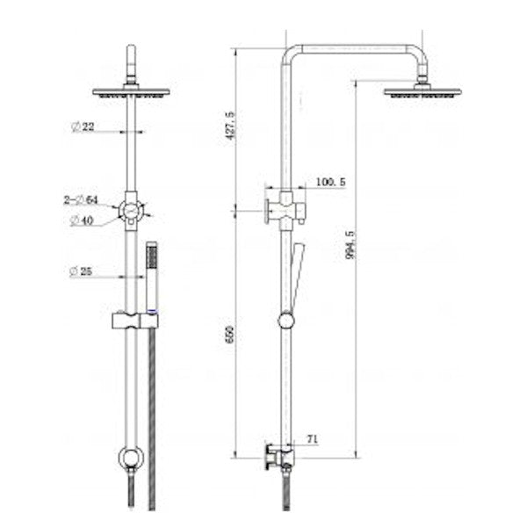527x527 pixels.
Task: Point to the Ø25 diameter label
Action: (x=83, y=271)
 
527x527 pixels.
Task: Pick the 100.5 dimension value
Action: (x=329, y=182)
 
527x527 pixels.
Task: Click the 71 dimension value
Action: (x=313, y=436)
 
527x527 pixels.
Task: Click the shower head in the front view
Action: (x=131, y=90)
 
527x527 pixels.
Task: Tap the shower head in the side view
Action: (x=422, y=90)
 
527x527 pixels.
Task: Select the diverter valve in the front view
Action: (x=131, y=211)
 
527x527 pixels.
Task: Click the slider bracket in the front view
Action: (x=134, y=321)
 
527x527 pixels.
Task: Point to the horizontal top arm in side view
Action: (x=356, y=49)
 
